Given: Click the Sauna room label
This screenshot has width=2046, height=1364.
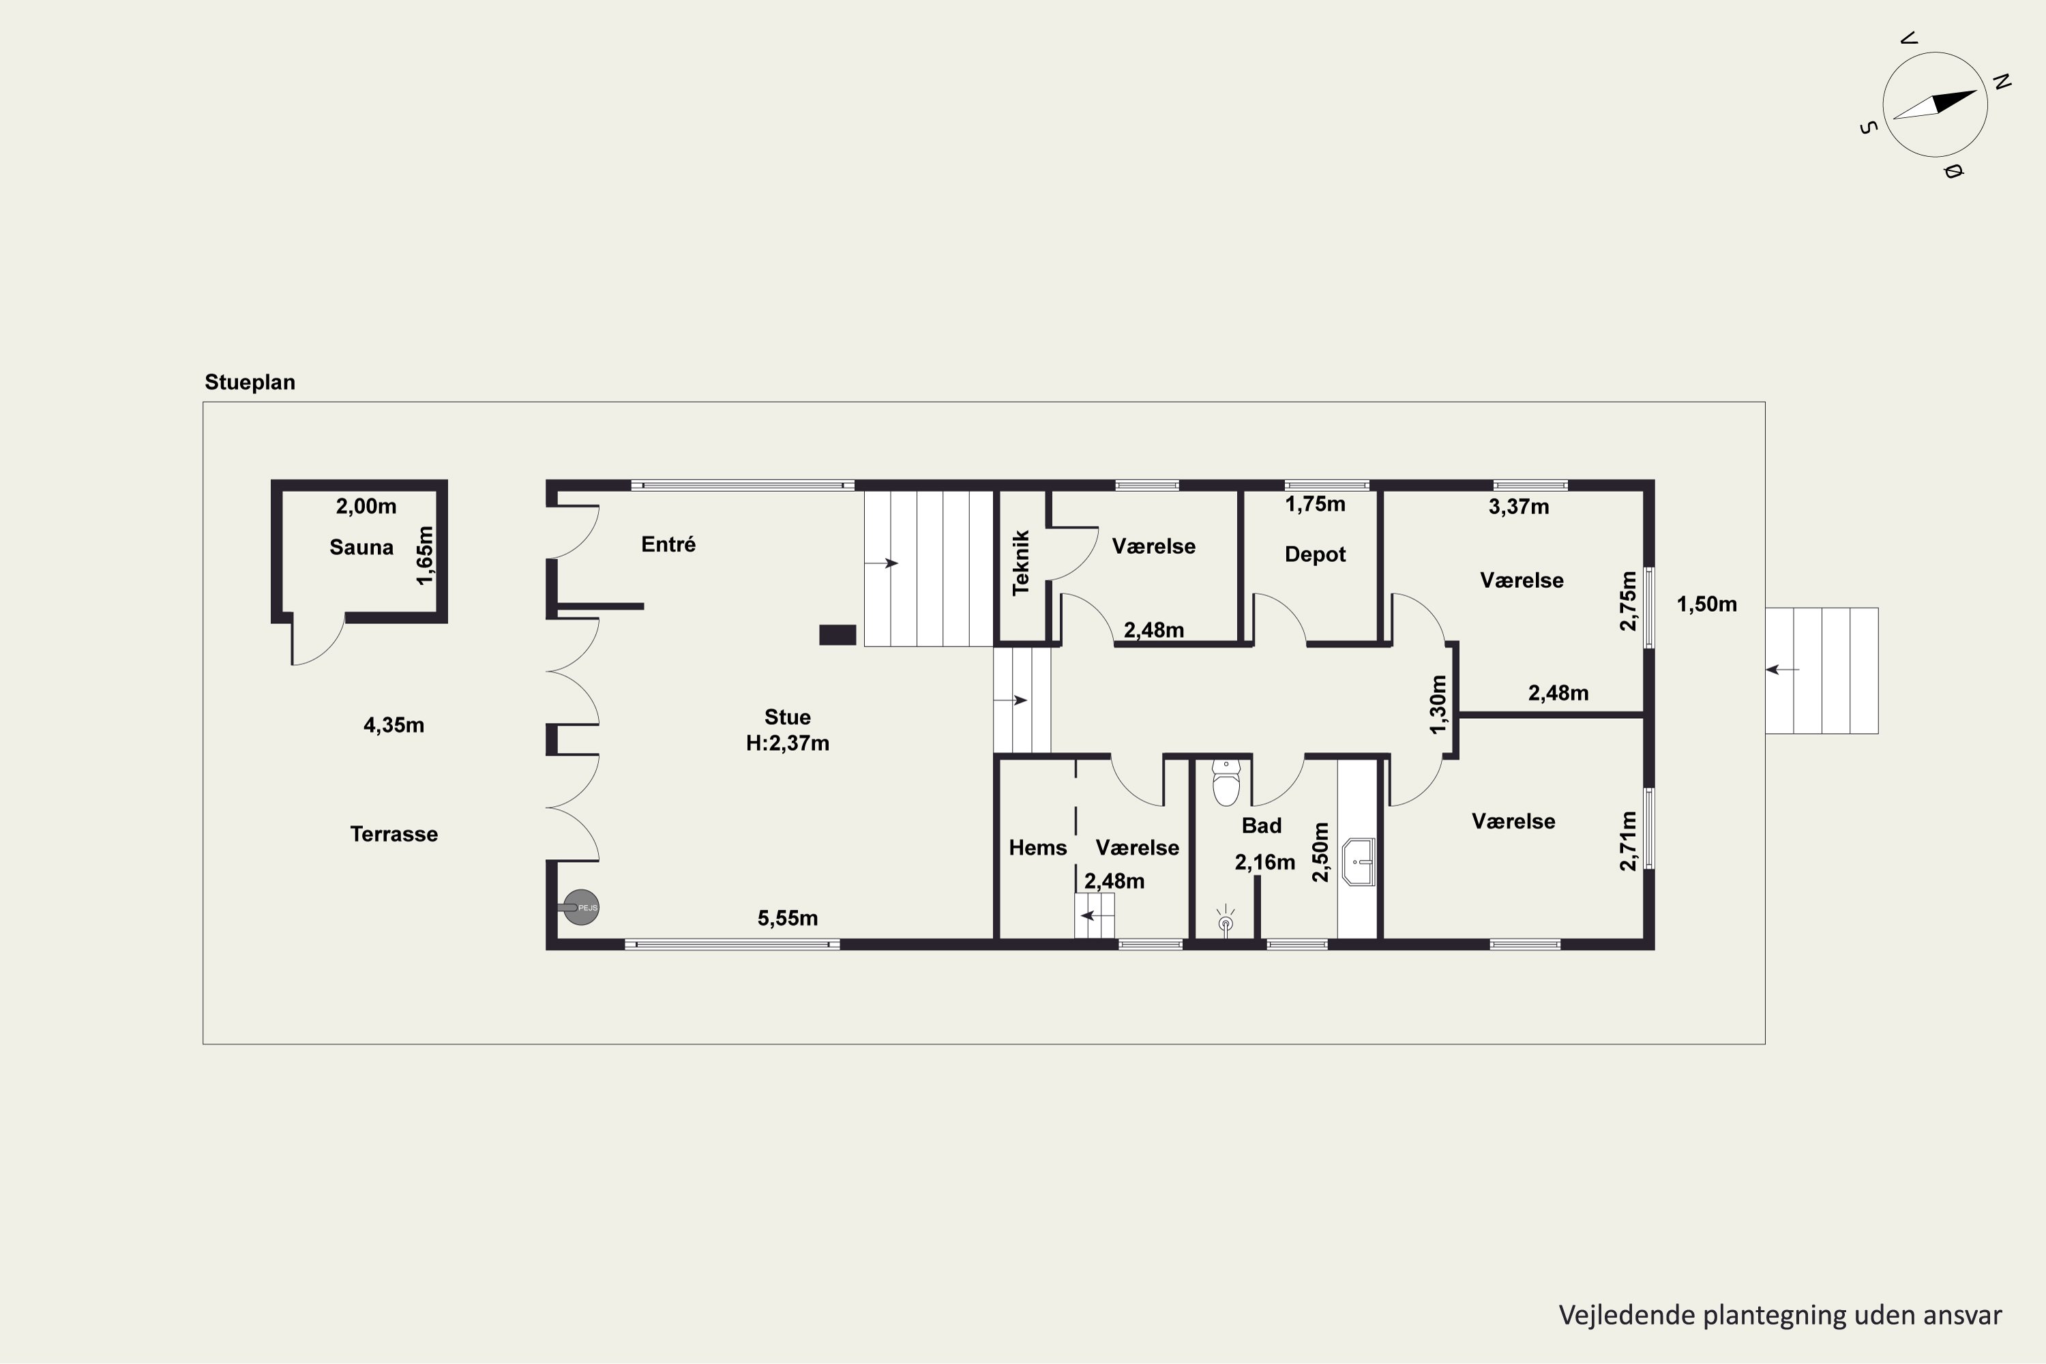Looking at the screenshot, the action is (361, 547).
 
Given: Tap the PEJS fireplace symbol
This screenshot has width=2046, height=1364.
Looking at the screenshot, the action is (581, 907).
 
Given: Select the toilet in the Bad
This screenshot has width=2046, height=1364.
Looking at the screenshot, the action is (1226, 783).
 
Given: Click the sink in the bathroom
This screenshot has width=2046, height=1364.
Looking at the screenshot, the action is (1358, 862).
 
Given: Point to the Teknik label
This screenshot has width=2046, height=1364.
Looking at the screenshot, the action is (1021, 563).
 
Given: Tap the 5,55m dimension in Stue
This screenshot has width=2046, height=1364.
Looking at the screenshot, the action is (787, 918).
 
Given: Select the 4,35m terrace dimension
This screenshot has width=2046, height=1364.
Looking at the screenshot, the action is (394, 724).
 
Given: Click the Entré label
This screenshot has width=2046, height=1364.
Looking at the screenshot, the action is (668, 544).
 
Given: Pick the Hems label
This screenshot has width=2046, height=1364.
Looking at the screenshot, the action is (1038, 847).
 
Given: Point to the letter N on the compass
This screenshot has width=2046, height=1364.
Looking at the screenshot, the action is (2002, 82).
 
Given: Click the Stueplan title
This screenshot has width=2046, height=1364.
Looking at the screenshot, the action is (250, 382).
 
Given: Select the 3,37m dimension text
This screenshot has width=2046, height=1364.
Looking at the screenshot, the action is (1518, 506).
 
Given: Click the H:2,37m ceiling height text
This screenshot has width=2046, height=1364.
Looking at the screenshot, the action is (787, 743).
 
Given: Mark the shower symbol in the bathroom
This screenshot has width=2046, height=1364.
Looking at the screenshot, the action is (1226, 919).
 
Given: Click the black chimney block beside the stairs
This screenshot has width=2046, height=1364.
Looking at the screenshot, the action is (837, 635).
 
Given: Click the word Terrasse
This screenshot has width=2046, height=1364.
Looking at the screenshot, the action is (394, 834).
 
